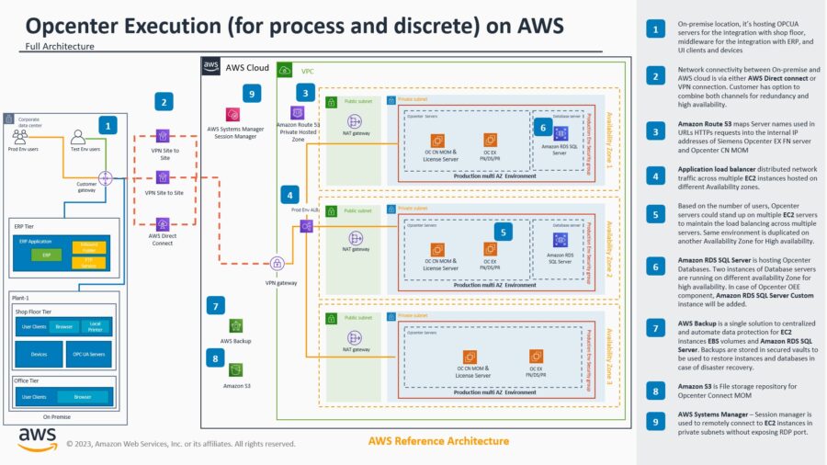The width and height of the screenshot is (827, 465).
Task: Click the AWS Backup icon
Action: point(236,325)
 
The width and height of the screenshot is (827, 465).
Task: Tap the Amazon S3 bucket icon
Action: point(236,369)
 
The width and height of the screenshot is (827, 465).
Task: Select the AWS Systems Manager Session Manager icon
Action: point(236,115)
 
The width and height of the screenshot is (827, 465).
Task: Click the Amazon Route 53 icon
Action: point(297,113)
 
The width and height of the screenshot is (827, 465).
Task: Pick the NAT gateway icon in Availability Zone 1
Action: point(355,121)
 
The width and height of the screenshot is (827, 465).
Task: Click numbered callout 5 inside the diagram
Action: point(502,232)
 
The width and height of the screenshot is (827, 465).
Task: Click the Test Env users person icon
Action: point(79,136)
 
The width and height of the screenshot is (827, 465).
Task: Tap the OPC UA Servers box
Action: point(88,354)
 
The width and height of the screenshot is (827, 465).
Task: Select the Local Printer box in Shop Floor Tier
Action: point(96,325)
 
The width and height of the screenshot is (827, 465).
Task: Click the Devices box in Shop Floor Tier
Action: point(40,354)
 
